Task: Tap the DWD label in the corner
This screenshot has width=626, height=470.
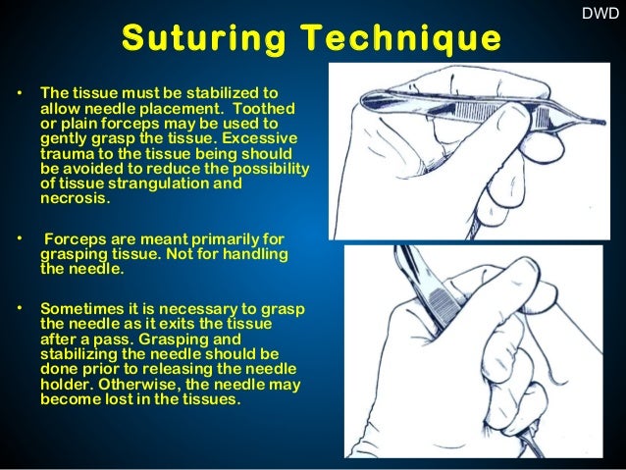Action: coord(600,15)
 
